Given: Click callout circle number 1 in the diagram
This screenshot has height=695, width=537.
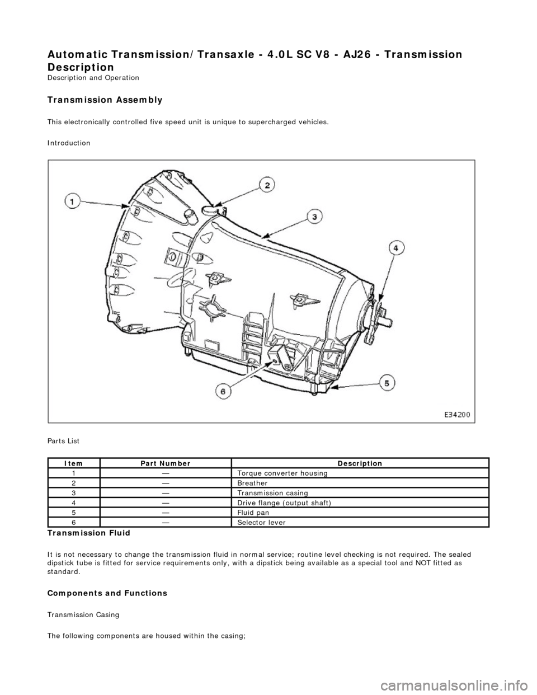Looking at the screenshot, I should (73, 201).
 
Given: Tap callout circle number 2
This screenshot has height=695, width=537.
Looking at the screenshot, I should (267, 185).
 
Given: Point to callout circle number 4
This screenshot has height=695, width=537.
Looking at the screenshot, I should (395, 248).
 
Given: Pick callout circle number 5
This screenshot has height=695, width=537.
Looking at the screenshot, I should (387, 383).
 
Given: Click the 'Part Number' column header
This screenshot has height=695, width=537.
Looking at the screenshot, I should (166, 463).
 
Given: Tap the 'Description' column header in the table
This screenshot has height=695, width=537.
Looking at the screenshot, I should (360, 463).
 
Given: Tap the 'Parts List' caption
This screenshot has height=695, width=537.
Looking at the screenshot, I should (63, 441).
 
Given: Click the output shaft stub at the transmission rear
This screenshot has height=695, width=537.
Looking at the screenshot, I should (388, 323).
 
